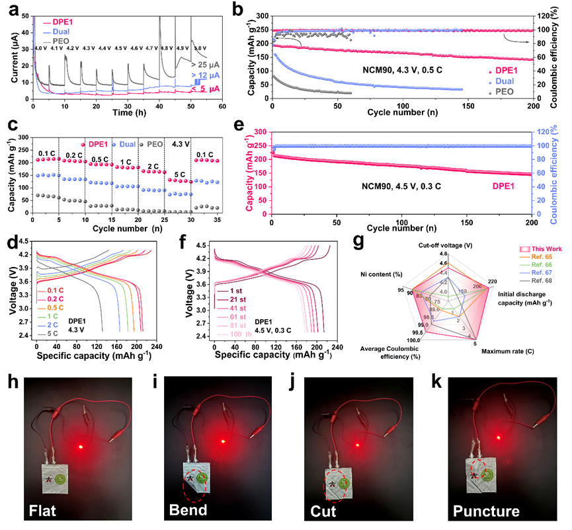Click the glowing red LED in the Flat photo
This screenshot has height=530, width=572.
tap(80, 447)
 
